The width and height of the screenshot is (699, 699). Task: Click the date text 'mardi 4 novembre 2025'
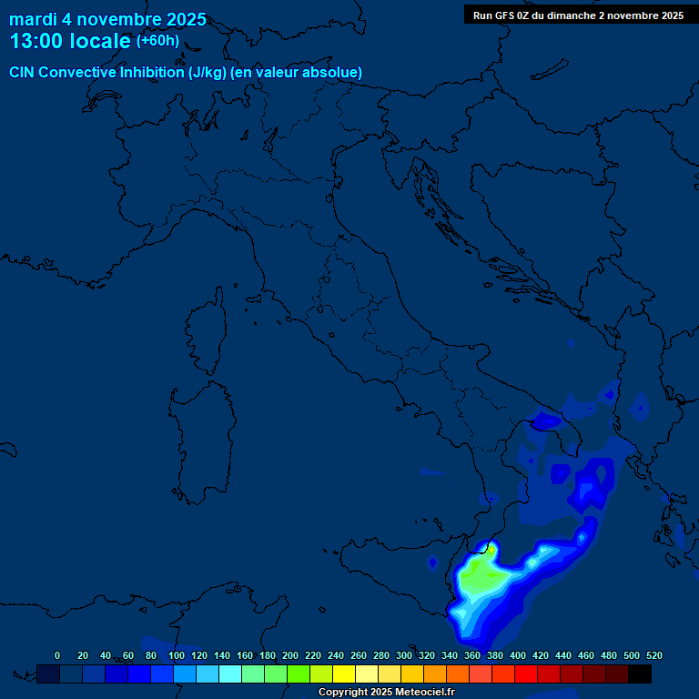[x=107, y=19]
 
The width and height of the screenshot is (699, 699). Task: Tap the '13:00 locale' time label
[x=70, y=41]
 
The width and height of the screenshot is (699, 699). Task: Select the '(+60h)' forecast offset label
[x=157, y=41]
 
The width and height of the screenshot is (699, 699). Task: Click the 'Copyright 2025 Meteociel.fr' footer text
[x=386, y=693]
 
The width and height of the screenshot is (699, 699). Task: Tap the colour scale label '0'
[x=57, y=655]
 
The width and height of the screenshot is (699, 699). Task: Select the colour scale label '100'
[x=177, y=655]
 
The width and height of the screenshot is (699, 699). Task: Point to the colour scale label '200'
[x=290, y=655]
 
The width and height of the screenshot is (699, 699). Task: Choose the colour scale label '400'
[x=518, y=655]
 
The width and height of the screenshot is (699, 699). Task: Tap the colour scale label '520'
[x=653, y=655]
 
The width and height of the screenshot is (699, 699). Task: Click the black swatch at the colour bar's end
[x=640, y=674]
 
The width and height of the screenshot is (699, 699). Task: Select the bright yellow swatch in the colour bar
[x=344, y=674]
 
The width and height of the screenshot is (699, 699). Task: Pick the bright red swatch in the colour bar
[x=526, y=674]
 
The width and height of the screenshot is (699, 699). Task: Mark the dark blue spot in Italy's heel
[x=544, y=420]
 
